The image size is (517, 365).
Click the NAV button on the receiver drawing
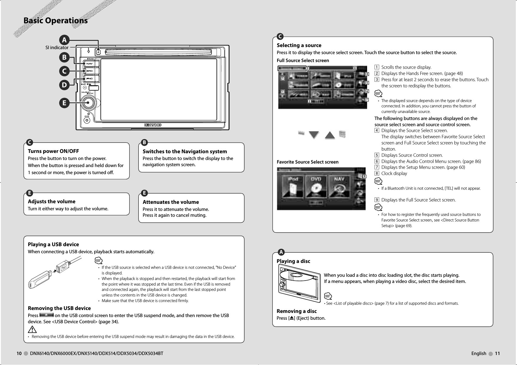click(90, 64)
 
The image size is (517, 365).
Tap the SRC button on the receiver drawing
click(90, 71)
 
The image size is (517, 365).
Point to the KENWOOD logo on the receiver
click(153, 125)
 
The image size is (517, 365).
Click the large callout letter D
click(64, 85)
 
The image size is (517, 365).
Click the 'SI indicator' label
click(57, 48)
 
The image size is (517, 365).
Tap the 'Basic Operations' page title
click(55, 21)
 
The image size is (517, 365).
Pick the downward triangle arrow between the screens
click(314, 135)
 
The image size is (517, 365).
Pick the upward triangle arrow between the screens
click(330, 135)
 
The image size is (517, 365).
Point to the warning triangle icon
click(32, 329)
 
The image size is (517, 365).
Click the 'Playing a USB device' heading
click(53, 244)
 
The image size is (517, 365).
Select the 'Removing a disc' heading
click(296, 311)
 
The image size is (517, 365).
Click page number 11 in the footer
click(497, 354)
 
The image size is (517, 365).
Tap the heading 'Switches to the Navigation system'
click(185, 151)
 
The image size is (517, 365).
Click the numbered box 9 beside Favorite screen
click(364, 176)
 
